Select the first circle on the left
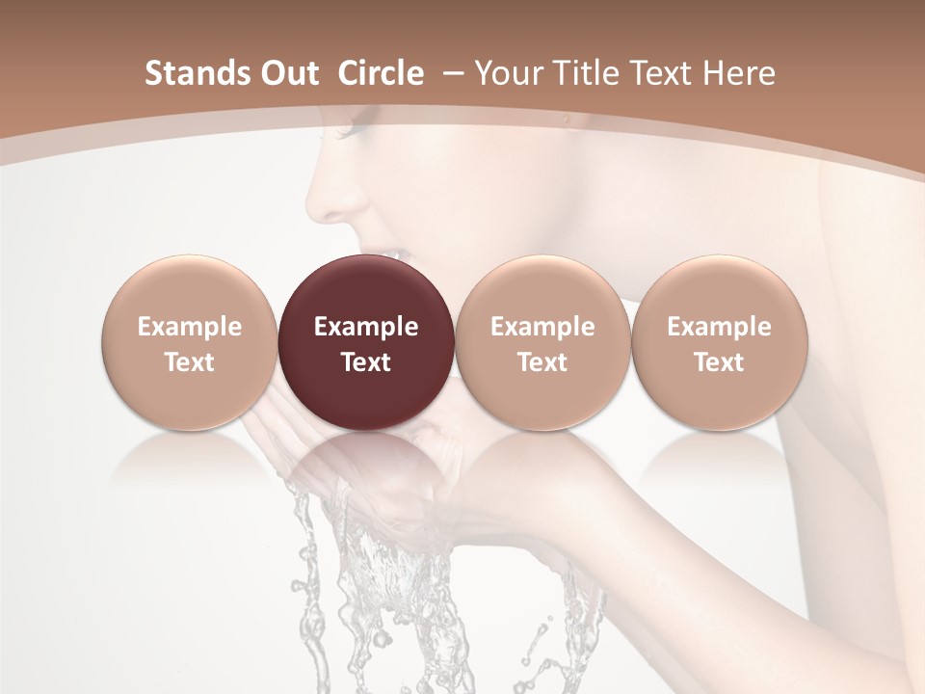tap(189, 342)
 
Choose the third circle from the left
tap(542, 342)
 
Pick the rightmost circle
tap(719, 342)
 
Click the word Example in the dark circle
tap(366, 327)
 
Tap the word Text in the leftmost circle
tap(189, 362)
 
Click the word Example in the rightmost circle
tap(719, 327)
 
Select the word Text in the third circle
tap(542, 362)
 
